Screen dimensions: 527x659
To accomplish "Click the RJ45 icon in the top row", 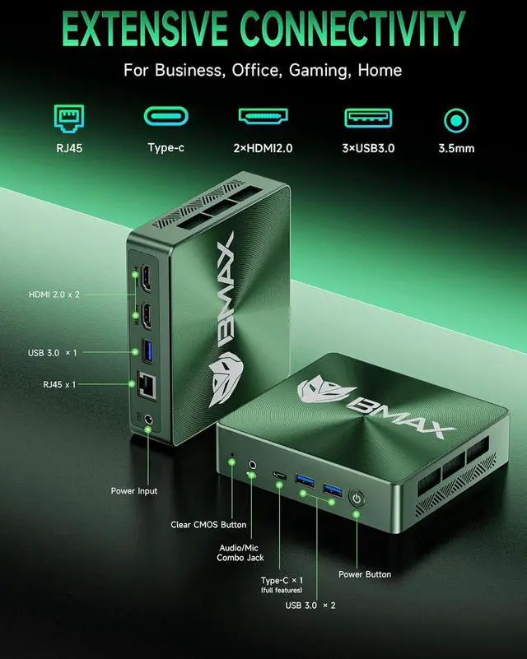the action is point(66,119).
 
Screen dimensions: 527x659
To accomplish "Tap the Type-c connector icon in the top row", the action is point(166,118).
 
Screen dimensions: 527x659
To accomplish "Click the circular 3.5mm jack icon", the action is point(456,120).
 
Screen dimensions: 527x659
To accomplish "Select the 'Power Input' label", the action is point(134,491).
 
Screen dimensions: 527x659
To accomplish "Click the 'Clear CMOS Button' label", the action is point(208,525).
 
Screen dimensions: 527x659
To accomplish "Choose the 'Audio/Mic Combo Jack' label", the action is point(242,551).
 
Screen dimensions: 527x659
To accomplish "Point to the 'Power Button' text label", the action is point(365,574).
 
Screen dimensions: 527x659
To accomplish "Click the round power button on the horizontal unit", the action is point(357,499).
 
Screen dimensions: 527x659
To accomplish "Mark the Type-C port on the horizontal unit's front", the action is point(280,476).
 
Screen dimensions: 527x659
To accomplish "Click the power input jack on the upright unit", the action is point(148,422).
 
